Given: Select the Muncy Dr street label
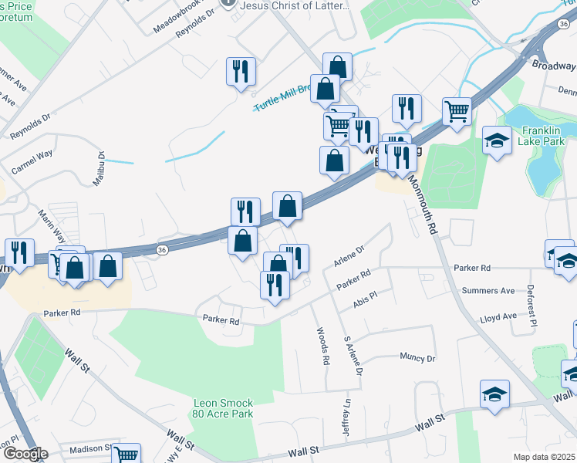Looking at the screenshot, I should tap(417, 358).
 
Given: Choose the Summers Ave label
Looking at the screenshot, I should tap(488, 291).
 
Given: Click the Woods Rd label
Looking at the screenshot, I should tap(322, 346).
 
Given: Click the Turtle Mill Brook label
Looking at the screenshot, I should tap(281, 97).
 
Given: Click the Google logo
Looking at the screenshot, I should tap(25, 454).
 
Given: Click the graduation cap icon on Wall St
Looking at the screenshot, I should tap(494, 394).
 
